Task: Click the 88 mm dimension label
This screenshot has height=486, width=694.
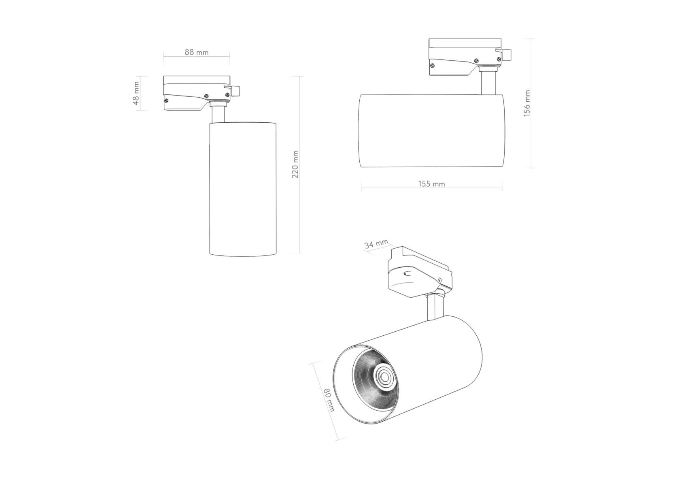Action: point(197,52)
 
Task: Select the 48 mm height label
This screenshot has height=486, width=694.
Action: point(136,94)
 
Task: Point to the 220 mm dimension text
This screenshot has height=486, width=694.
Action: point(295,164)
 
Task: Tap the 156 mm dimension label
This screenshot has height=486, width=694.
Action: point(527,104)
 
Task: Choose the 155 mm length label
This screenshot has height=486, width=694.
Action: point(431,184)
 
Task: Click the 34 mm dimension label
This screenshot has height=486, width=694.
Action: point(376,244)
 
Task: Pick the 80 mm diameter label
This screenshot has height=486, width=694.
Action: point(329,400)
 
